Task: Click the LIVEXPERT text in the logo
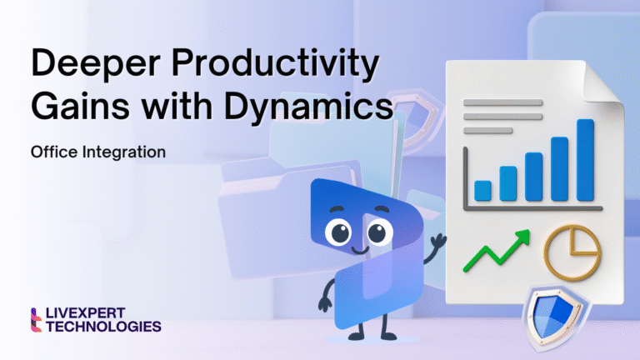tap(91, 314)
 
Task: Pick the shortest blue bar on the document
tap(482, 190)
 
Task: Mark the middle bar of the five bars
tap(533, 176)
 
